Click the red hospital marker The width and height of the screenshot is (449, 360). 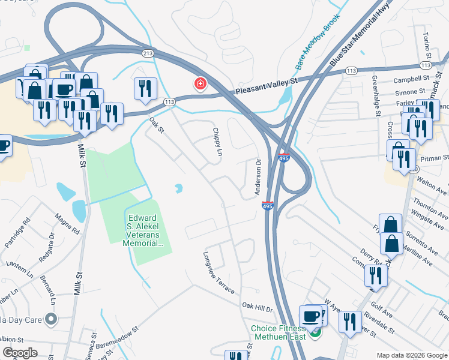(x=199, y=84)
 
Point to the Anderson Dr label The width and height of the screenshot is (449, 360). (x=258, y=177)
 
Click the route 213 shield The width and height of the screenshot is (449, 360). (x=148, y=53)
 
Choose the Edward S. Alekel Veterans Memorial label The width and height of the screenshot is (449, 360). (x=145, y=230)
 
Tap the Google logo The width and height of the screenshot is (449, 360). (x=20, y=353)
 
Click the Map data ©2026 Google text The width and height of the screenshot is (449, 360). (x=411, y=355)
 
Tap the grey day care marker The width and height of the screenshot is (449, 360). (x=50, y=319)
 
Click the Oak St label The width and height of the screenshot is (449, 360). (x=157, y=127)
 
